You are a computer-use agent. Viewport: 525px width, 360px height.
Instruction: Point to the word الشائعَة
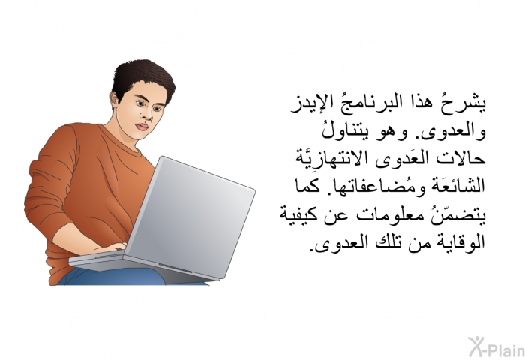pos(453,186)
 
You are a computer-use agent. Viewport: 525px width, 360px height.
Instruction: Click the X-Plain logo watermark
pos(496,346)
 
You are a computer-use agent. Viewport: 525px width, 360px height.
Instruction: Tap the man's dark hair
pos(143,77)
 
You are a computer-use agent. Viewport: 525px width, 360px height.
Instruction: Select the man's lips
pos(142,127)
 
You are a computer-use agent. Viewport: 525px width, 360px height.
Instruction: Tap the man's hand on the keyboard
pos(110,247)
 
